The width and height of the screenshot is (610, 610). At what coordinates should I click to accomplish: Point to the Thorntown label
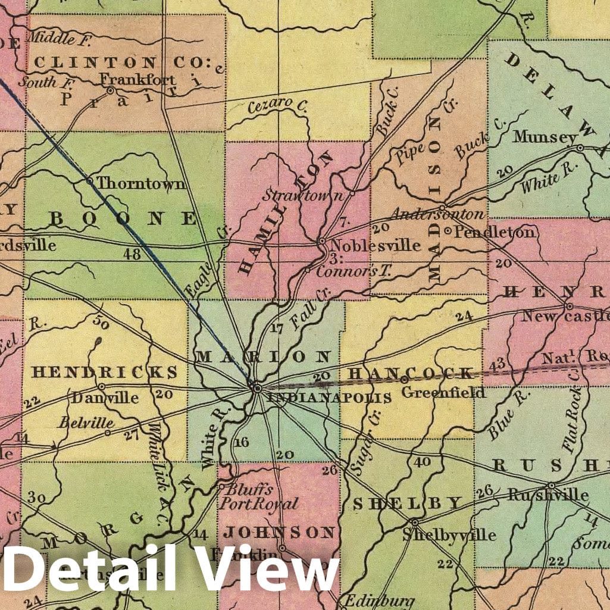[140, 183]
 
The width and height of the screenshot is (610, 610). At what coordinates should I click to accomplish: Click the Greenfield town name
[443, 393]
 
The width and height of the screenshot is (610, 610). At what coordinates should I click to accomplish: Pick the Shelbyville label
[449, 534]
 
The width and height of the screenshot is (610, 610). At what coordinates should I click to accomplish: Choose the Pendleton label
[494, 232]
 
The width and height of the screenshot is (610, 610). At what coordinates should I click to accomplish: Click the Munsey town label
[545, 137]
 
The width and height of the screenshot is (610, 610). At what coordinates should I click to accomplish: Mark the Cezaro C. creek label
[277, 105]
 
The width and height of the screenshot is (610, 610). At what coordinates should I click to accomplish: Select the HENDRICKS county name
[105, 373]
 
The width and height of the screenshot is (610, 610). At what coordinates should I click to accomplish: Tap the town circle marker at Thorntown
[89, 181]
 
